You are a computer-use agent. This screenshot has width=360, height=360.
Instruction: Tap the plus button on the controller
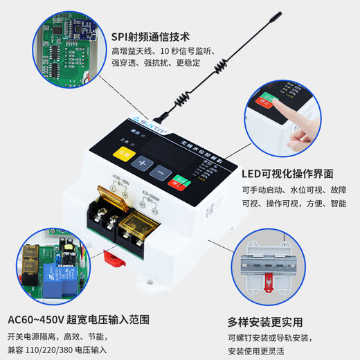pos(141,164)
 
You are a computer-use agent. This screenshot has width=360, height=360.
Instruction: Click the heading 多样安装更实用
pos(264,321)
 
